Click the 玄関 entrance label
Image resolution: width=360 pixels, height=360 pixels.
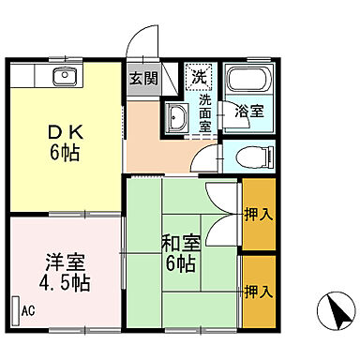pos(142,78)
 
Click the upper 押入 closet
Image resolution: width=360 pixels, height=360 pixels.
pos(260,215)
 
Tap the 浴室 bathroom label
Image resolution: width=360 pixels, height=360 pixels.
pos(249,111)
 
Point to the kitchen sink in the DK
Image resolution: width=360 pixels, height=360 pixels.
pos(65,77)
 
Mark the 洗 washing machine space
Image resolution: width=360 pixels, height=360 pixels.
pos(199,75)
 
